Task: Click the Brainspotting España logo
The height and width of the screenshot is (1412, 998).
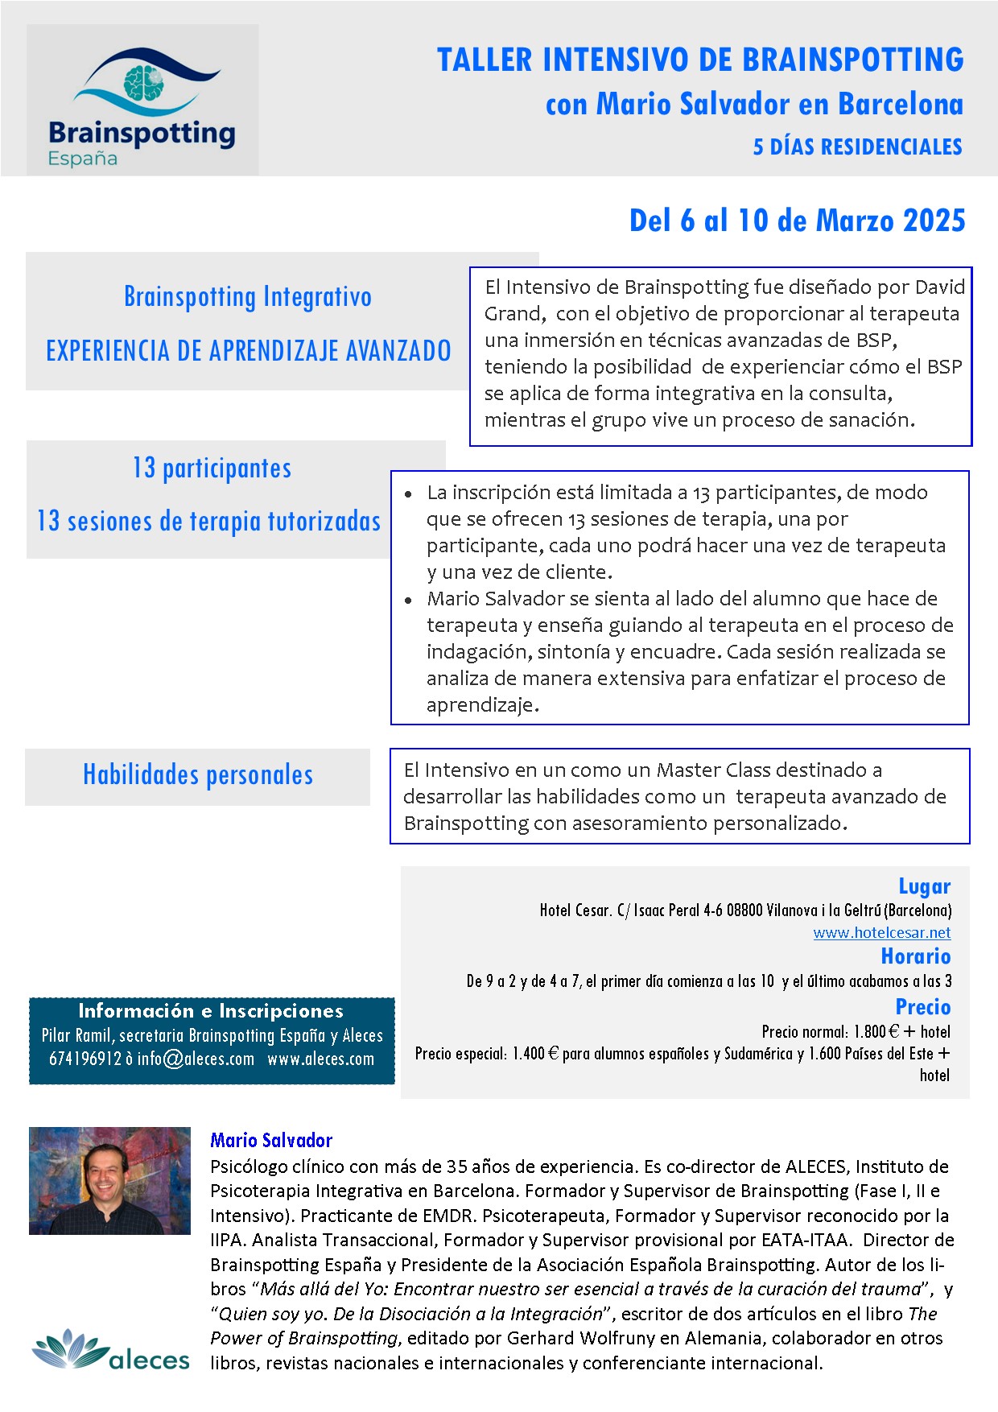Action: [142, 101]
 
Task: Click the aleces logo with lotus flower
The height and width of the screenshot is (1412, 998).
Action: [111, 1350]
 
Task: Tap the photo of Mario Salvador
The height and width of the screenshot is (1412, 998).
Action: [109, 1180]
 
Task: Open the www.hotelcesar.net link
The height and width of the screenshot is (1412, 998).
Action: [881, 932]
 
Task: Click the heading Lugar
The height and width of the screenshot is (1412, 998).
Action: [924, 886]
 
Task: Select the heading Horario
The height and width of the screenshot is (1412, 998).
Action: [915, 956]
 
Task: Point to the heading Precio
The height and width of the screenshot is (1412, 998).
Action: [922, 1007]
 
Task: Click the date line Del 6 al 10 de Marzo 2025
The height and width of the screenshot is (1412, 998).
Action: [797, 221]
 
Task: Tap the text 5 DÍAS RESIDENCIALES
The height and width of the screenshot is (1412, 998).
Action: [857, 147]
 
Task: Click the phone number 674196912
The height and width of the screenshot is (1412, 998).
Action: [85, 1059]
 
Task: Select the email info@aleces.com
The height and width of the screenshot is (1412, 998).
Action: [196, 1059]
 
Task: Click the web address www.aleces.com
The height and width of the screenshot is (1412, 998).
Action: [321, 1059]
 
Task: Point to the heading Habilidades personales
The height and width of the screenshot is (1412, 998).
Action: [198, 775]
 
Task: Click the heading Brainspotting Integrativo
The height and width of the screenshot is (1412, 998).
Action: [248, 297]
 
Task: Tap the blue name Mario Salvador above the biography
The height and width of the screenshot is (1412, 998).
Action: [271, 1140]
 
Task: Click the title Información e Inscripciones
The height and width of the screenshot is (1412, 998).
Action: [211, 1011]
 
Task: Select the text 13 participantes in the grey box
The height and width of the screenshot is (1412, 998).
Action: [212, 469]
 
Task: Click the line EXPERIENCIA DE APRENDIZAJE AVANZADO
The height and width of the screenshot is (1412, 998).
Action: [248, 351]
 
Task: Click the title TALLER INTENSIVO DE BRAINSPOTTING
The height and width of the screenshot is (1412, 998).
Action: [700, 60]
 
